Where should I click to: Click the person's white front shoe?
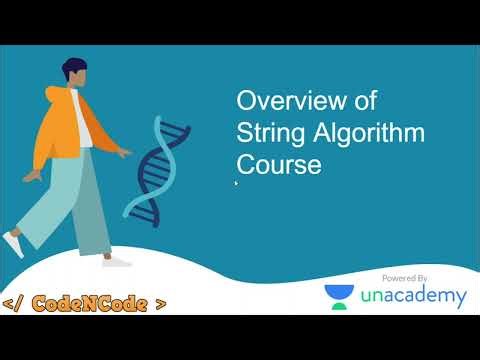pyautogui.click(x=116, y=260)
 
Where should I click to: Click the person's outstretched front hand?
pyautogui.click(x=125, y=152)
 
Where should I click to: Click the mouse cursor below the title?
pyautogui.click(x=236, y=183)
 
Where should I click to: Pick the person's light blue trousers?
pyautogui.click(x=80, y=200)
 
